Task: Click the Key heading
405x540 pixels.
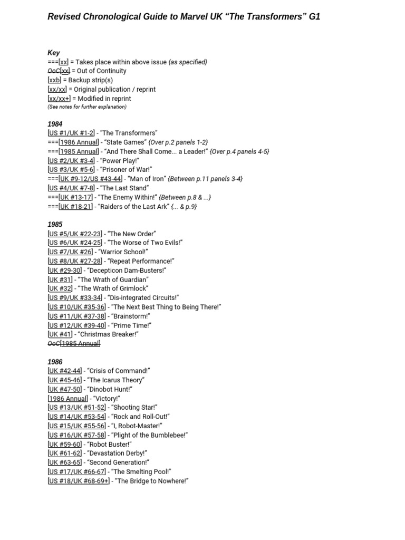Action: (x=54, y=53)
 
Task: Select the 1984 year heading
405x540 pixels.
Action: (x=55, y=124)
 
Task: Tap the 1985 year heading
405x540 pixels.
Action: (x=55, y=224)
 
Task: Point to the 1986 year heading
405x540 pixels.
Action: (x=55, y=362)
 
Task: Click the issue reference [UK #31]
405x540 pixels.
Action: (x=60, y=279)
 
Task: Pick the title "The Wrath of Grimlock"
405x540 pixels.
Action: (x=111, y=288)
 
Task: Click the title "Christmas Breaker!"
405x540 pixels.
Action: (x=108, y=334)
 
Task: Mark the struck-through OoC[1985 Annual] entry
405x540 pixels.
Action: (x=74, y=343)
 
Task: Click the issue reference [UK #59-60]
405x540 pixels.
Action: (x=64, y=444)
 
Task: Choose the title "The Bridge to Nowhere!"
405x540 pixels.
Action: (x=150, y=481)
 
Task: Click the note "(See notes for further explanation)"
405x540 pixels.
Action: (x=87, y=107)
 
